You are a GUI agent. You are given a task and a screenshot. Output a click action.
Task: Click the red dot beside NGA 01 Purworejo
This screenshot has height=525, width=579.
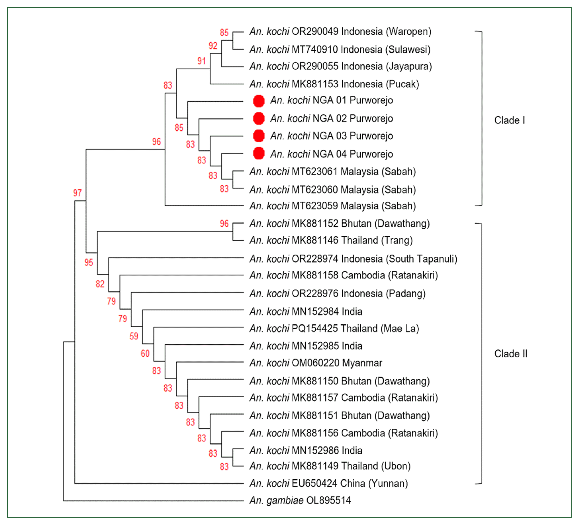(x=258, y=101)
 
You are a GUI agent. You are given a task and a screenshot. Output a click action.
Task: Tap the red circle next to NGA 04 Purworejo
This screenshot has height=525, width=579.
(x=258, y=154)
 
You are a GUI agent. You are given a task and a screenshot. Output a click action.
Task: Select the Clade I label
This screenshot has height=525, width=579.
(x=509, y=120)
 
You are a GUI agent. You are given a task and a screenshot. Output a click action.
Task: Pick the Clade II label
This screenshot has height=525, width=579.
(x=510, y=354)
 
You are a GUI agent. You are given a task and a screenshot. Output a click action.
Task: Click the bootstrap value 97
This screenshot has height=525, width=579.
(x=77, y=193)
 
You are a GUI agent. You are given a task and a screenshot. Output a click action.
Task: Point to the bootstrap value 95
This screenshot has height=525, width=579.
(x=88, y=262)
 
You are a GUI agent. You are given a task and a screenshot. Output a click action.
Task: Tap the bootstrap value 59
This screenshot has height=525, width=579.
(x=134, y=336)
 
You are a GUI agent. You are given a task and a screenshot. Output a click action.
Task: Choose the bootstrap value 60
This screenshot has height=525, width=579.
(x=145, y=354)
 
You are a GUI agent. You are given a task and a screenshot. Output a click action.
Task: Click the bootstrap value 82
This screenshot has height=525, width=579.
(x=100, y=284)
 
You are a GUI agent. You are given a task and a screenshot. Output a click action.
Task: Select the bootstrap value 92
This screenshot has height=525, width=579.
(x=213, y=46)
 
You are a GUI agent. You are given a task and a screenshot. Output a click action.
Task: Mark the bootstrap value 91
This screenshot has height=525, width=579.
(x=201, y=61)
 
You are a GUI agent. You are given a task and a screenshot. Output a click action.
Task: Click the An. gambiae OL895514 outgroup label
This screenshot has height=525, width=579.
(x=300, y=501)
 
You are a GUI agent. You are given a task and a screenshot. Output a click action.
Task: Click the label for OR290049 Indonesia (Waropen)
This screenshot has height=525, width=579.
(x=340, y=32)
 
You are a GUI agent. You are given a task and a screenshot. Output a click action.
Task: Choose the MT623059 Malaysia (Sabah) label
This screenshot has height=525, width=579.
(x=332, y=206)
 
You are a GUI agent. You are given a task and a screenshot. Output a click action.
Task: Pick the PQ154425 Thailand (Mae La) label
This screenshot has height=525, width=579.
(x=334, y=328)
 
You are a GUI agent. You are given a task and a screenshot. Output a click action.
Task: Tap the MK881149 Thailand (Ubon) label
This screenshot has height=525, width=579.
(x=330, y=466)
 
